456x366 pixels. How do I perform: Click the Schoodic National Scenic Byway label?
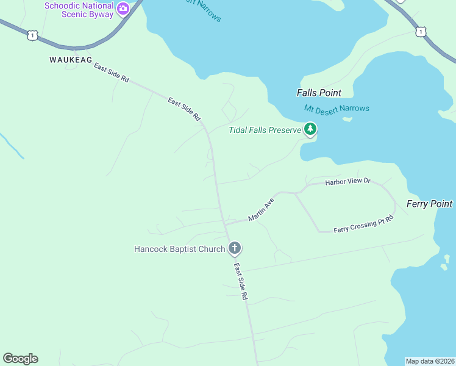79,10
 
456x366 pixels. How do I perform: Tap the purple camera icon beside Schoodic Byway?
123,9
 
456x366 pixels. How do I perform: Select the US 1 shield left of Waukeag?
32,36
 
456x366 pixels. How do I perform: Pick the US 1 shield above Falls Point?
420,30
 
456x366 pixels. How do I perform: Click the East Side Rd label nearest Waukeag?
112,73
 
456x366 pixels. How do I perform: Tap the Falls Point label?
319,93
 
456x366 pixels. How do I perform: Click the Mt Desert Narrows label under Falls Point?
337,109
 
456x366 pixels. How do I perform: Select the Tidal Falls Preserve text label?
265,130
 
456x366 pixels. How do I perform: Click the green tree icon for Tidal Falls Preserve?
310,129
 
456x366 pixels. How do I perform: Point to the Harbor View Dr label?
347,182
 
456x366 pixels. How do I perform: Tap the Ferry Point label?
430,204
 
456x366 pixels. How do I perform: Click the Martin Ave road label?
261,209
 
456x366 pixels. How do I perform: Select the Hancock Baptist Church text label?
180,249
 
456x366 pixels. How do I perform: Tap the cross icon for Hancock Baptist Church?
235,248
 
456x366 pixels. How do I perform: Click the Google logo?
20,359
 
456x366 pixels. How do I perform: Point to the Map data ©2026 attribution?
430,361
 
